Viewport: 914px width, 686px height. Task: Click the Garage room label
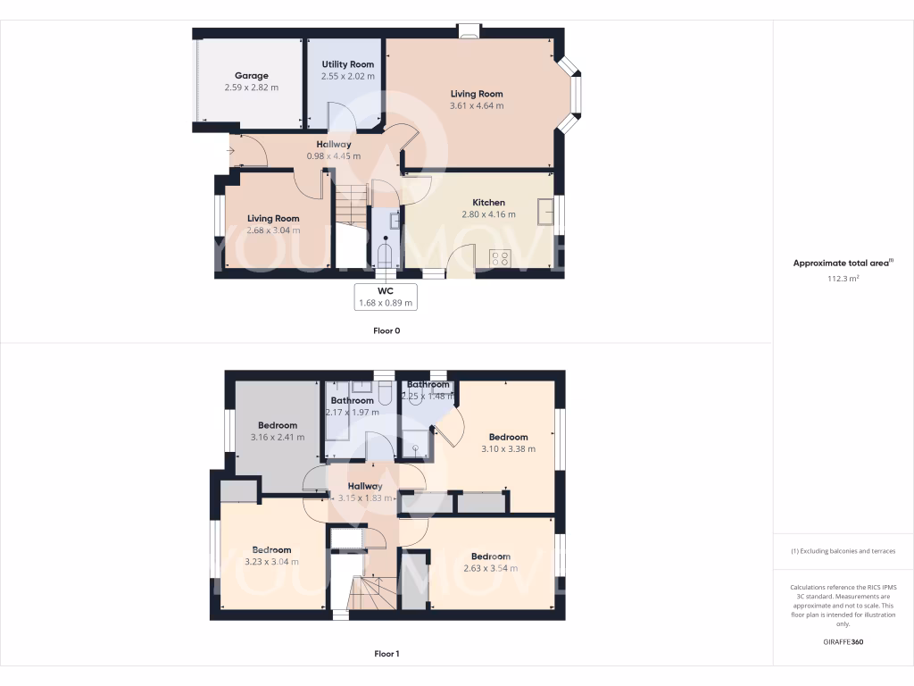point(251,76)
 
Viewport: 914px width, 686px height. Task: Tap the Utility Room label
point(347,64)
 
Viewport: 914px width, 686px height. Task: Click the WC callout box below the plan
point(386,297)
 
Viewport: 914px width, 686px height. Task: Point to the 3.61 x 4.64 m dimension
point(477,105)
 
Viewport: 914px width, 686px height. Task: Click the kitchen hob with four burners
point(501,259)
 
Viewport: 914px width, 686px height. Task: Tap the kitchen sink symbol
point(544,211)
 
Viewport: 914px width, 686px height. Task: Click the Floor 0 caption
point(386,330)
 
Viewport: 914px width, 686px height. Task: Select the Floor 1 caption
point(386,654)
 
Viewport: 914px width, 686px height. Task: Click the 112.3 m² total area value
point(843,279)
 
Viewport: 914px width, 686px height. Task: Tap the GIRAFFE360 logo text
point(843,641)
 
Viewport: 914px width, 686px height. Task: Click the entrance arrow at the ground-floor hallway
point(230,150)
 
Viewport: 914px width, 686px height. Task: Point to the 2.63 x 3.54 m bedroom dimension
point(490,568)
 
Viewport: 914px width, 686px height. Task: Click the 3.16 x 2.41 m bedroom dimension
point(278,438)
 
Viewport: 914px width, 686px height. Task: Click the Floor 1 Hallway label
point(365,486)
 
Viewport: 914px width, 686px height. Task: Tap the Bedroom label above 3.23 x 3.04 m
point(271,549)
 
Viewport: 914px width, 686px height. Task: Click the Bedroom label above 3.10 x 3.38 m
point(508,437)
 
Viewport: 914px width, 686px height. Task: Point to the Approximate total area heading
point(842,264)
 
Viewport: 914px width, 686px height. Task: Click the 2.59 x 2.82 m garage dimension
point(251,88)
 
